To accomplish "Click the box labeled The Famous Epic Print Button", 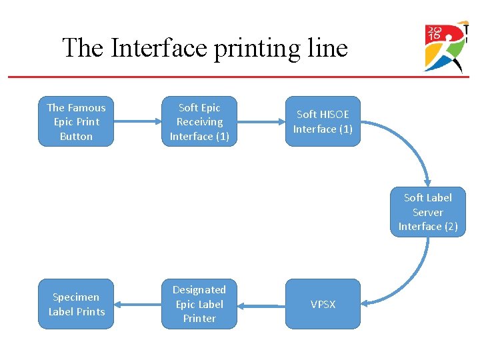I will tap(76, 121).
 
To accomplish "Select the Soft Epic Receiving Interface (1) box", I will tap(199, 121).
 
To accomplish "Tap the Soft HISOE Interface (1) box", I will tap(323, 121).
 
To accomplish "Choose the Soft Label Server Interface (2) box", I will tap(428, 212).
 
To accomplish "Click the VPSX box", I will tap(323, 304).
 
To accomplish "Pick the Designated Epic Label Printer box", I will tap(199, 304).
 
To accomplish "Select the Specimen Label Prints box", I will tap(76, 304).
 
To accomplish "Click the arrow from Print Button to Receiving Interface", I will tap(137, 121).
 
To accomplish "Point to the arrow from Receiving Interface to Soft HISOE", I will tap(261, 121).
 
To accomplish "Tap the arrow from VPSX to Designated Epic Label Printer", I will tap(261, 305).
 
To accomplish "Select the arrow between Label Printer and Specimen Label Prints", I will tap(137, 305).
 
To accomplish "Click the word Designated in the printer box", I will tap(199, 290).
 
